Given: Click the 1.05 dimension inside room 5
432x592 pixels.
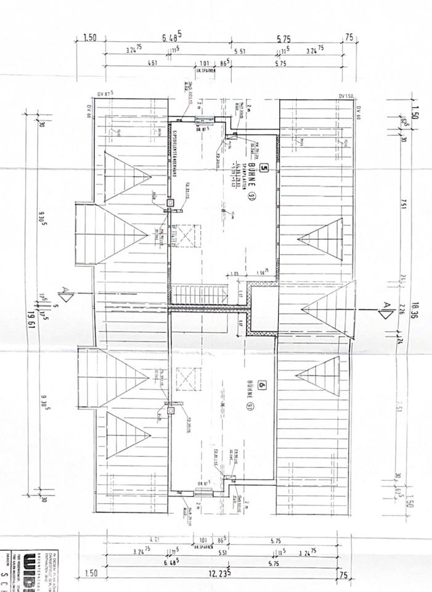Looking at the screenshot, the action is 234,273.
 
